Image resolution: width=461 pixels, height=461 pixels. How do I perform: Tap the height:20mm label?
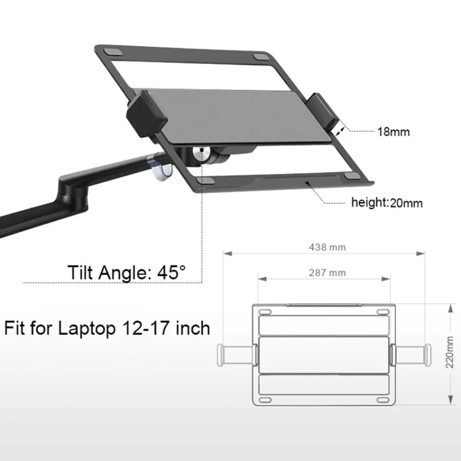(386, 202)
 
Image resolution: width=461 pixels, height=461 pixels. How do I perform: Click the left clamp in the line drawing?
(237, 354)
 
